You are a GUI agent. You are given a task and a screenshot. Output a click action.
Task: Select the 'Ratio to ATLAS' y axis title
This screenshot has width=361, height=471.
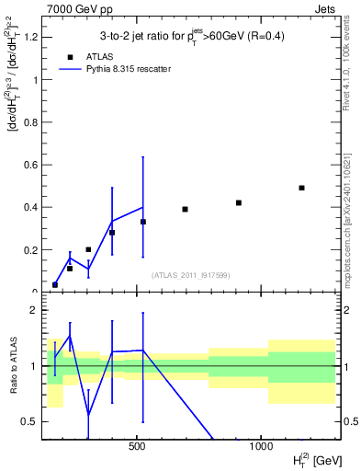pos(12,366)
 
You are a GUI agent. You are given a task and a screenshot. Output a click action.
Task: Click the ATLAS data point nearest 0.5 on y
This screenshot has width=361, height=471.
pos(301,188)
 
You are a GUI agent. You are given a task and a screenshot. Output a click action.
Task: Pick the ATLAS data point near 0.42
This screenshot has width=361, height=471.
pos(239,202)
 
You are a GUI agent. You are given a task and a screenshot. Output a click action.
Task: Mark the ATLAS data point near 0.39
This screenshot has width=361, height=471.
pos(185,209)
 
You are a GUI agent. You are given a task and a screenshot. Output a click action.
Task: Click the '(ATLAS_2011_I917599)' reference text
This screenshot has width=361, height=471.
pos(189,275)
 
